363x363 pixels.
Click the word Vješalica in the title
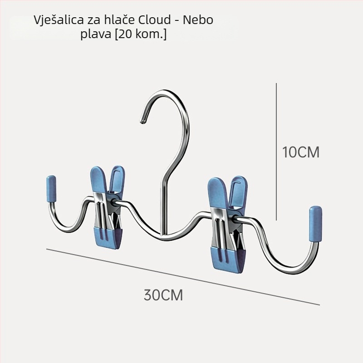point(59,20)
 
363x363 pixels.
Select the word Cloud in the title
point(154,20)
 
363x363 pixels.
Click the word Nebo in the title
point(198,20)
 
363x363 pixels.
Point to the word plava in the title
point(96,34)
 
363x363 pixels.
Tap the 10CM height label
point(301,152)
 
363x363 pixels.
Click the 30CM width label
point(163,295)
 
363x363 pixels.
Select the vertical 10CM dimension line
point(276,152)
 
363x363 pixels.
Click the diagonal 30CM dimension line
point(183,277)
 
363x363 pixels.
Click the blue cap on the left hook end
point(51,189)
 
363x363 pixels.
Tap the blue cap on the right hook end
point(315,224)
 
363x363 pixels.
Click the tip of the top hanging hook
point(142,121)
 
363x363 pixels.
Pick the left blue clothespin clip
point(107,207)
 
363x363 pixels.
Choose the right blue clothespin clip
point(228,224)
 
